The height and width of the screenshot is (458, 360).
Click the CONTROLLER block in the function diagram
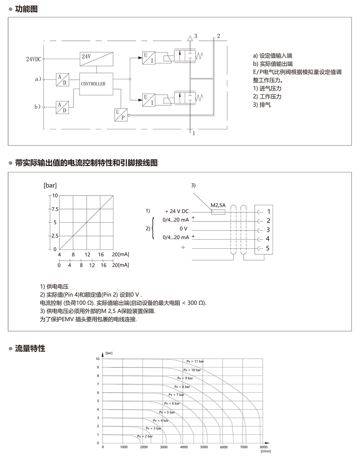pyautogui.click(x=96, y=84)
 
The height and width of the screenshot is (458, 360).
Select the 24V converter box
pyautogui.click(x=97, y=59)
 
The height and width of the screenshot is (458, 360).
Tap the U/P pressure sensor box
pyautogui.click(x=121, y=115)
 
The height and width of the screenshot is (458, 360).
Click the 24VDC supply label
pyautogui.click(x=33, y=59)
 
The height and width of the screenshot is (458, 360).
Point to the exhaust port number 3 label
pyautogui.click(x=196, y=36)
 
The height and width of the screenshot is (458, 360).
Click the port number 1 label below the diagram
pyautogui.click(x=194, y=133)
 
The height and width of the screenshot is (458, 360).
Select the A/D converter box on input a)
pyautogui.click(x=62, y=80)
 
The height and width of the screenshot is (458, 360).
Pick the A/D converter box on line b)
pyautogui.click(x=62, y=107)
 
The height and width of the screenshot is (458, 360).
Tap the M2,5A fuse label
pyautogui.click(x=218, y=205)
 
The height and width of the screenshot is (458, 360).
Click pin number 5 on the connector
pyautogui.click(x=268, y=248)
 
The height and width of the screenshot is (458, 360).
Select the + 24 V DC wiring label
pyautogui.click(x=177, y=211)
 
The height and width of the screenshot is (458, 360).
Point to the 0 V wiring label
pyautogui.click(x=183, y=229)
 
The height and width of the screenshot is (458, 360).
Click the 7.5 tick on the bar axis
pyautogui.click(x=55, y=209)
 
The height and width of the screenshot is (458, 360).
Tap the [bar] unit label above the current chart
pyautogui.click(x=50, y=185)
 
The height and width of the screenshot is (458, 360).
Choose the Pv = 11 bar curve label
pyautogui.click(x=195, y=361)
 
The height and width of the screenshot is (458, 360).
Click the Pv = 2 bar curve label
pyautogui.click(x=145, y=436)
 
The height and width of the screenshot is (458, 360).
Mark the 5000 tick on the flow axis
pyautogui.click(x=204, y=447)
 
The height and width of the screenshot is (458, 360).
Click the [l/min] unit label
pyautogui.click(x=265, y=451)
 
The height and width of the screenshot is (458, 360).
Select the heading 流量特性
pyautogui.click(x=30, y=349)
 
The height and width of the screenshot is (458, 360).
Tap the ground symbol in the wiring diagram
pyautogui.click(x=183, y=248)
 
